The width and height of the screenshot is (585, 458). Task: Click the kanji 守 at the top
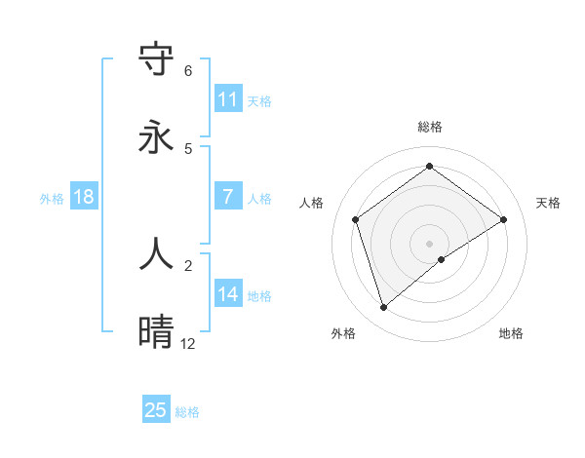(157, 59)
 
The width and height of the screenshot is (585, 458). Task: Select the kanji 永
(157, 137)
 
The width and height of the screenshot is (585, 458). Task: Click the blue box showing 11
(228, 99)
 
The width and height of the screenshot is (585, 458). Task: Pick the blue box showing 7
(228, 197)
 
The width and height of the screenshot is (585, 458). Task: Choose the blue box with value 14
(228, 294)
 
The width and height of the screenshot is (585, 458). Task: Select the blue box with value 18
(84, 197)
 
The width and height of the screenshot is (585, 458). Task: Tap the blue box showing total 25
(156, 410)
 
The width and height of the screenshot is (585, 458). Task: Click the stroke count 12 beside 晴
(187, 343)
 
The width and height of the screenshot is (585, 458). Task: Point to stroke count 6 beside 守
(187, 71)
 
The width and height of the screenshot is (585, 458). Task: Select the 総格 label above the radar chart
(429, 127)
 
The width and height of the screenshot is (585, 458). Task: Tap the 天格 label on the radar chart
(548, 203)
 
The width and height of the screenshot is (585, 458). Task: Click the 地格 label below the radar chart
(511, 333)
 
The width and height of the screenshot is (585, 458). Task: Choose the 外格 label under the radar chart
(343, 333)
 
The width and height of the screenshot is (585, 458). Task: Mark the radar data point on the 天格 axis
(503, 219)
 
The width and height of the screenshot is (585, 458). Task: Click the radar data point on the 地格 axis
(442, 259)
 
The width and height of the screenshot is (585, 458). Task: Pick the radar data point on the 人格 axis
(356, 219)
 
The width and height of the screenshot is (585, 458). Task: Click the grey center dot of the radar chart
(429, 243)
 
